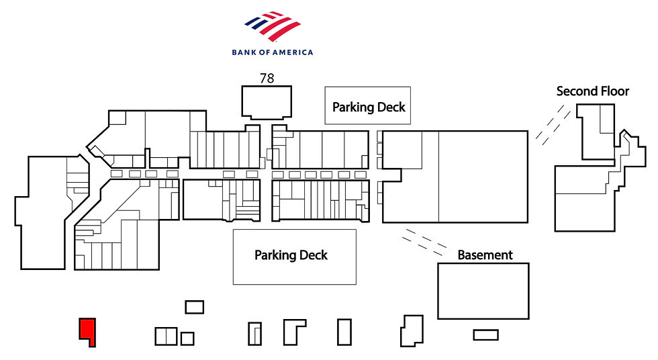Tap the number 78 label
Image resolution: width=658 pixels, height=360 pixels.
click(x=267, y=79)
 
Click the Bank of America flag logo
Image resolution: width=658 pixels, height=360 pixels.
click(x=273, y=26)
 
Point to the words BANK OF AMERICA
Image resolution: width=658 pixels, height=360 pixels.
click(x=273, y=52)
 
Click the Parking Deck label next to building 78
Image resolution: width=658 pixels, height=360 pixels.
click(x=369, y=107)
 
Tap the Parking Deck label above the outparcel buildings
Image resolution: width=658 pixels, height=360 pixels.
click(x=291, y=255)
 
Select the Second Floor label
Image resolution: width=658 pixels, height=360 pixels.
click(x=592, y=91)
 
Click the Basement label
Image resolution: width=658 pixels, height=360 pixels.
click(x=485, y=255)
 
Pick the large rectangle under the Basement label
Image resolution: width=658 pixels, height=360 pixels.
click(x=483, y=291)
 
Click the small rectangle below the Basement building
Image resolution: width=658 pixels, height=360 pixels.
click(x=486, y=335)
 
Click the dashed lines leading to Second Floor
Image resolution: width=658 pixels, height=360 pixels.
click(x=553, y=125)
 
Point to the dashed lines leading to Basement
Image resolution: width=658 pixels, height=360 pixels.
click(x=424, y=242)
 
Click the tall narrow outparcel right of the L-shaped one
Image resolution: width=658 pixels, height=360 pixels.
click(x=344, y=332)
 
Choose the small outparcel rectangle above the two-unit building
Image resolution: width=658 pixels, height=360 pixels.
click(x=195, y=307)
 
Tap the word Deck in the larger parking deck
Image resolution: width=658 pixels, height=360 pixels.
click(x=310, y=255)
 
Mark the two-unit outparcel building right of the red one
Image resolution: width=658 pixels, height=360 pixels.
click(x=167, y=336)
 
